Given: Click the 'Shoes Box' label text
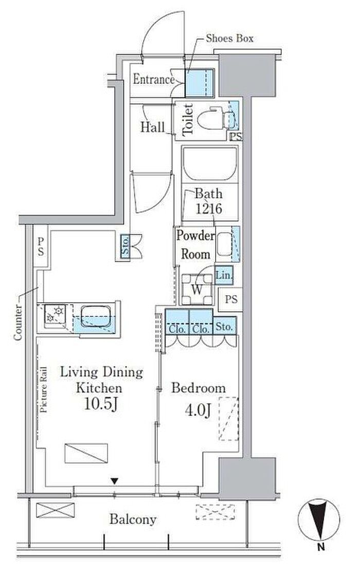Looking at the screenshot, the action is coord(229,38).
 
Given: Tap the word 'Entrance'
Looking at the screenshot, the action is coord(154,79).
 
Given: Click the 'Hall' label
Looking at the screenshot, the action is coord(152,128).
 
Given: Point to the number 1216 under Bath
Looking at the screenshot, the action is coord(208,209).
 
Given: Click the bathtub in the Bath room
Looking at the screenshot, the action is coord(210,164).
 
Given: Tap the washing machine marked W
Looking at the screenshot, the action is coord(197,289).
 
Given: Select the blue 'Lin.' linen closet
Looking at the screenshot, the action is coord(224,275).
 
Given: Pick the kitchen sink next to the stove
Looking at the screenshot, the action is coord(95,316).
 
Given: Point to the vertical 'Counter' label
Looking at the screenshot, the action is coord(17,322).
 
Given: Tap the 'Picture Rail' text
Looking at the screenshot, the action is coord(44,389).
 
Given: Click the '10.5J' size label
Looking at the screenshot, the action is coord(101,404).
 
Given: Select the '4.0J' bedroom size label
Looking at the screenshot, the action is coord(198,410).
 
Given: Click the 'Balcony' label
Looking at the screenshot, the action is coord(133,519).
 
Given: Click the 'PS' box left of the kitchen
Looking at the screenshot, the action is coord(41,246).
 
